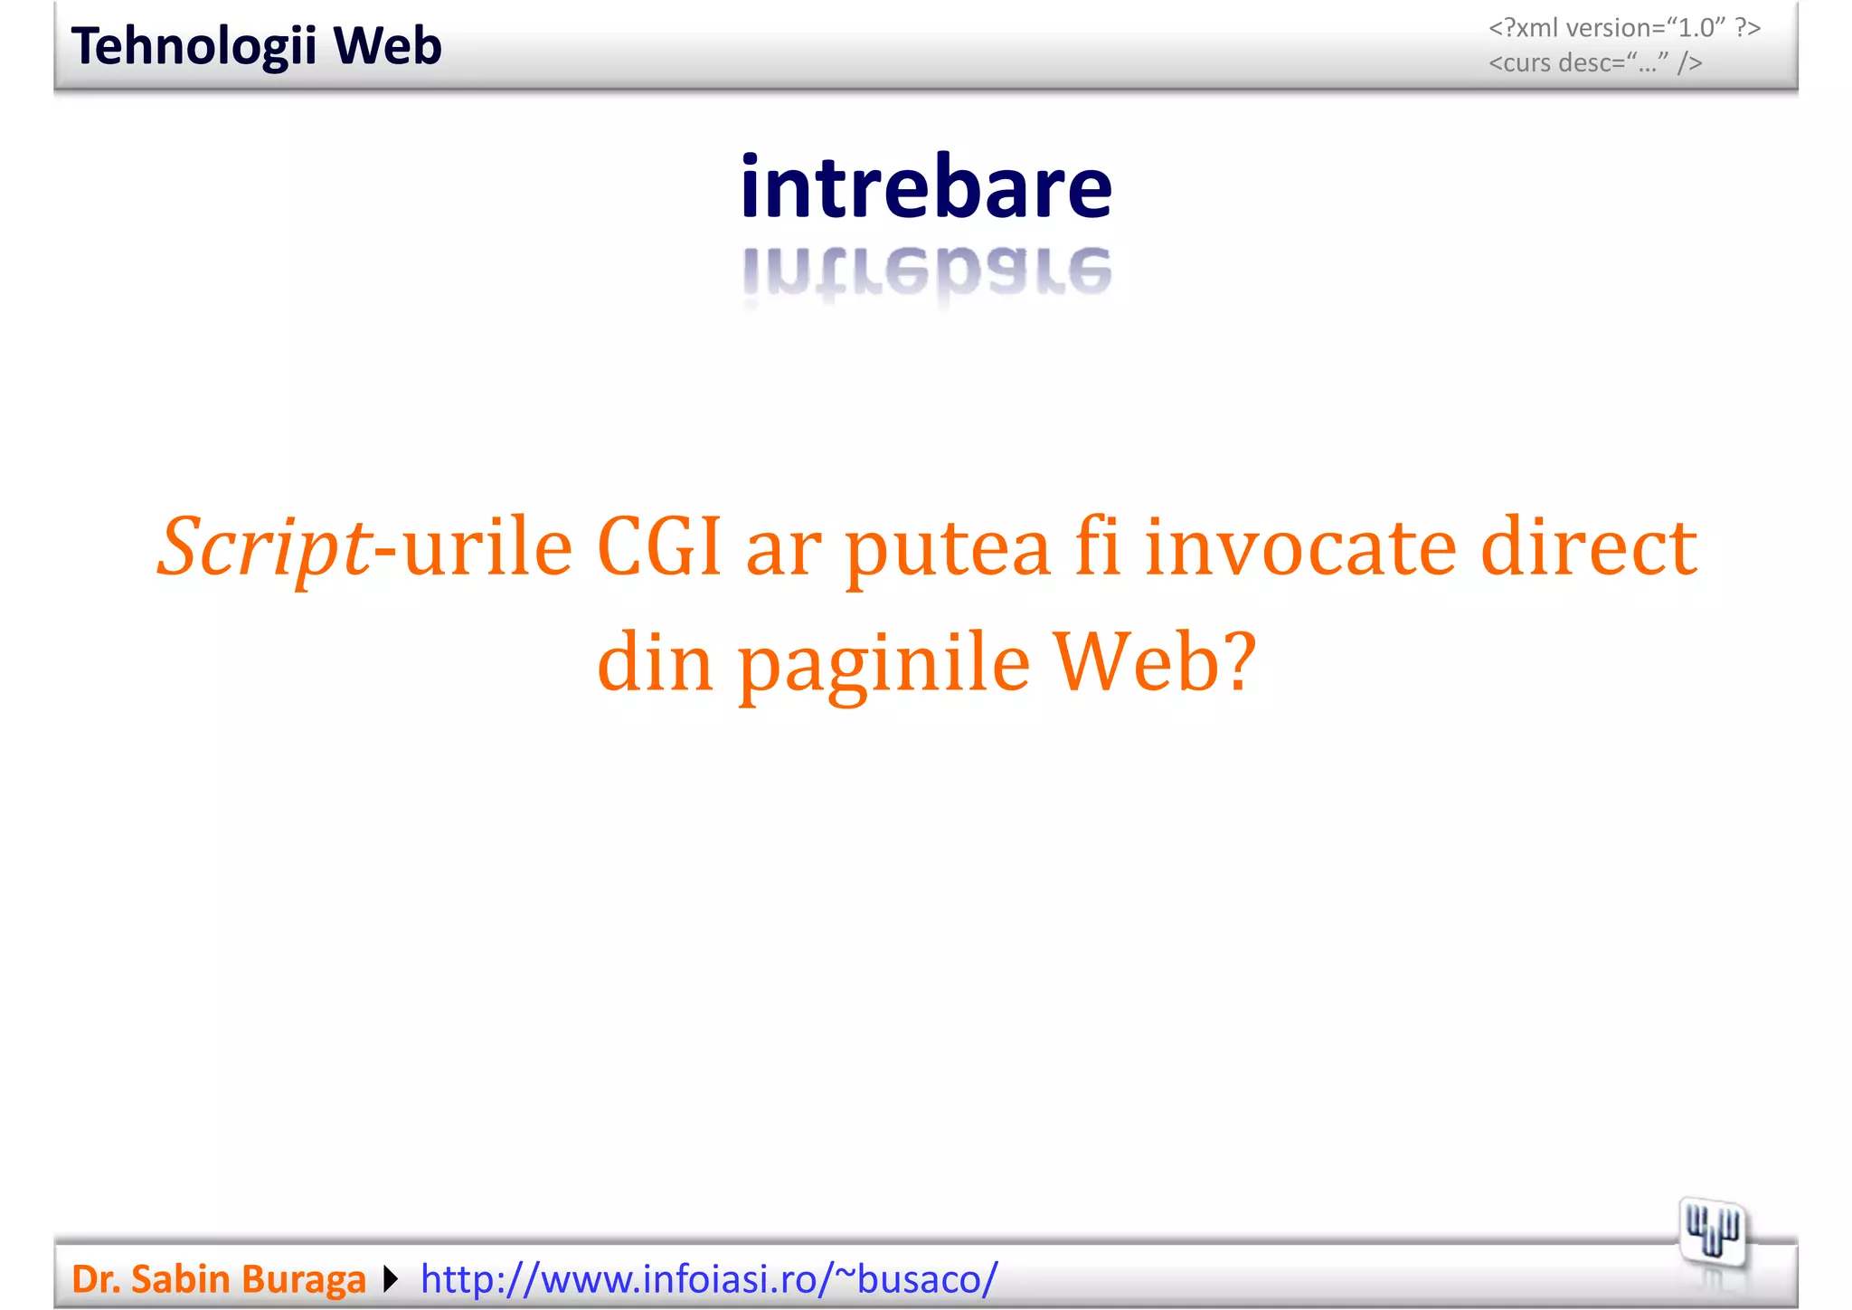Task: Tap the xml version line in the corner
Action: pos(1624,28)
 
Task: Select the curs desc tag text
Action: pos(1595,63)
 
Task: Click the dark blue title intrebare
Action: pos(926,187)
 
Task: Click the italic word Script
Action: pos(264,547)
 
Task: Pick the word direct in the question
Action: pos(1588,547)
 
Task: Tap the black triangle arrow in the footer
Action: pos(391,1279)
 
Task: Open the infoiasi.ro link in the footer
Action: pos(709,1279)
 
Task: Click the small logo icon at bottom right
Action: pos(1713,1231)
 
